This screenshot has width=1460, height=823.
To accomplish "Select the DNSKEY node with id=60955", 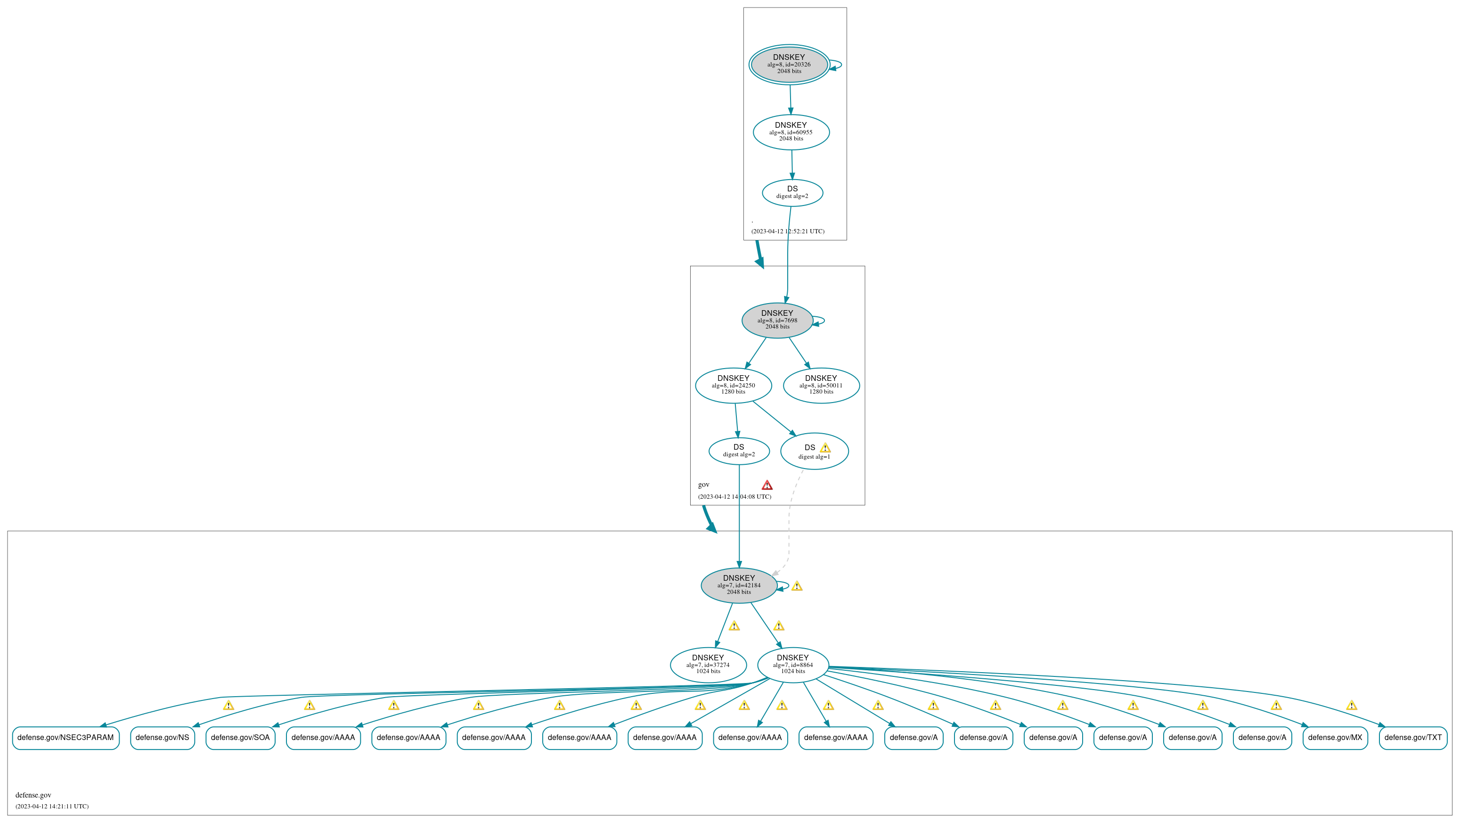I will tap(791, 132).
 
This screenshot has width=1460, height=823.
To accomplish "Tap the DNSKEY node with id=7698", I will tap(777, 321).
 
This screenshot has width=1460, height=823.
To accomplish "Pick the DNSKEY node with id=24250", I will tap(733, 386).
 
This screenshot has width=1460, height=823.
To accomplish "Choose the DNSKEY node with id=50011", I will tap(821, 386).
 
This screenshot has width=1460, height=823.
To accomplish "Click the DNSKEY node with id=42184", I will tap(739, 585).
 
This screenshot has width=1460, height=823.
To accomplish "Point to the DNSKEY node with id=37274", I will tap(708, 665).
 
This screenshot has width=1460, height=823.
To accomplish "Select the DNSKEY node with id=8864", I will tap(792, 665).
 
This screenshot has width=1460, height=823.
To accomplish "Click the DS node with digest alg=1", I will tap(814, 452).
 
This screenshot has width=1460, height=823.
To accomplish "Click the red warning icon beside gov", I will tap(767, 485).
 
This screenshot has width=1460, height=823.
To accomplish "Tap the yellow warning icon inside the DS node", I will tap(824, 448).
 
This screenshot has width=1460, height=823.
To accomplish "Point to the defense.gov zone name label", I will tap(33, 795).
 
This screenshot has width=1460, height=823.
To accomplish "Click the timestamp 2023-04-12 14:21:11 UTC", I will tap(52, 807).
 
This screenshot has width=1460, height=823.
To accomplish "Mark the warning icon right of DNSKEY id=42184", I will tap(796, 586).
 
